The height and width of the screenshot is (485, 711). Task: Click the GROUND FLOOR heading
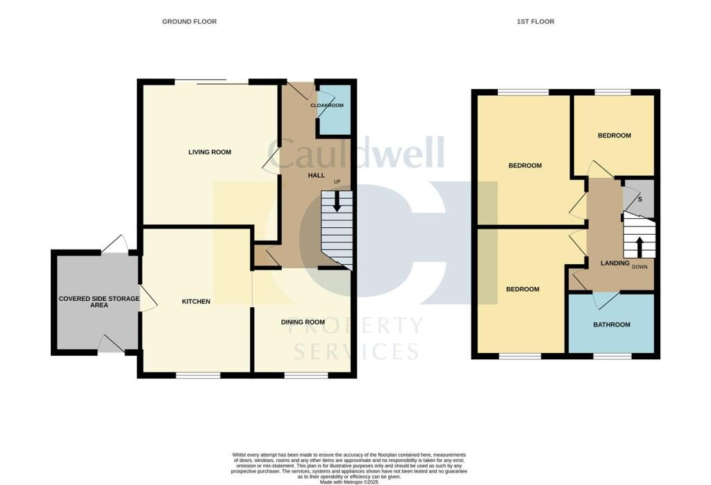[189, 22]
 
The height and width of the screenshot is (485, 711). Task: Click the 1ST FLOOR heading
[535, 22]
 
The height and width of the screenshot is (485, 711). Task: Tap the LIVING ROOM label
[210, 152]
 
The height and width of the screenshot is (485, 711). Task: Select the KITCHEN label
[196, 302]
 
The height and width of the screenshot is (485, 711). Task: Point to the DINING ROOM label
[303, 322]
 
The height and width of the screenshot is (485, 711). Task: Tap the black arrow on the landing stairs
[639, 246]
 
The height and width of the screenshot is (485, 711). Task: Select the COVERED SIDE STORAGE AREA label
[99, 302]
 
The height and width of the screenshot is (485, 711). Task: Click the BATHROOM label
[611, 324]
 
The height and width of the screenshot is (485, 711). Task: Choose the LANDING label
[614, 263]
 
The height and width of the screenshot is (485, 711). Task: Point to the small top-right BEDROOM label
[614, 135]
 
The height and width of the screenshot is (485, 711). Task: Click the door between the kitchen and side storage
[146, 299]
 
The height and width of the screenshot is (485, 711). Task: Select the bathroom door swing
[606, 300]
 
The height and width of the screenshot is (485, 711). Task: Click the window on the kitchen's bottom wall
[197, 376]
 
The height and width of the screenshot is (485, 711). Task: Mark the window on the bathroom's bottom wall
[612, 356]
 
